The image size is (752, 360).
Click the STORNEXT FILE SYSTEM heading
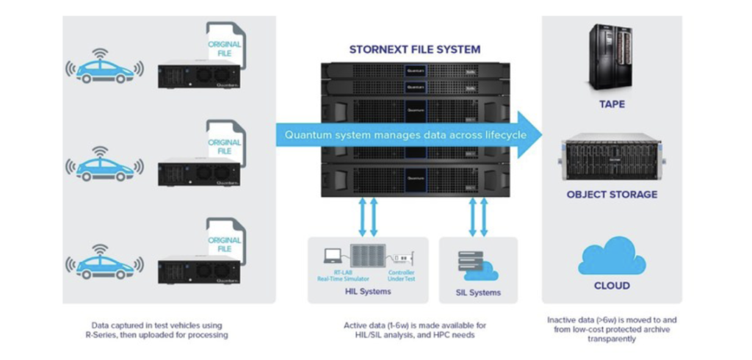(415, 50)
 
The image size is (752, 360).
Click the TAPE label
(611, 104)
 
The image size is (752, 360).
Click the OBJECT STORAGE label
(611, 195)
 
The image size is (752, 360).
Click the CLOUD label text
(611, 285)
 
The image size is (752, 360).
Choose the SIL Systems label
(477, 292)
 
